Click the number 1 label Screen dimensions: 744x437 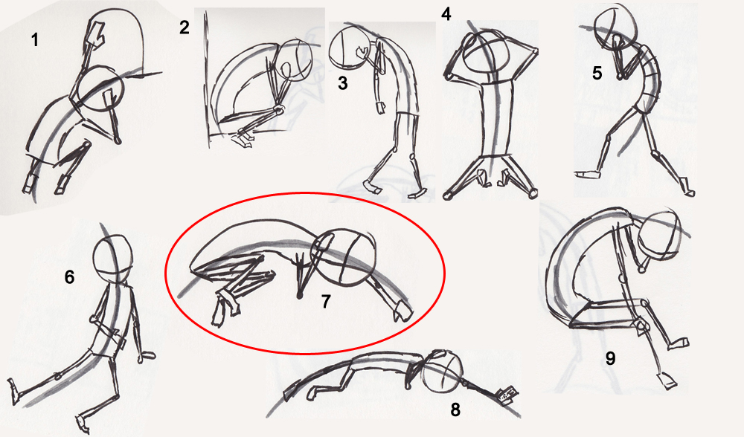[x=35, y=40]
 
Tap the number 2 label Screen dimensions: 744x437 [x=185, y=27]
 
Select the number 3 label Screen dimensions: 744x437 [x=342, y=83]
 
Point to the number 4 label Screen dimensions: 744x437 [x=446, y=13]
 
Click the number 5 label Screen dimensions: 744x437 [x=597, y=73]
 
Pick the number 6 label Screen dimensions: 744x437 [x=69, y=277]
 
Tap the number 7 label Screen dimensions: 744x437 [x=325, y=302]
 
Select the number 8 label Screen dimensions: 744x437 [x=455, y=410]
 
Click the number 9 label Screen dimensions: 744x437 [x=610, y=358]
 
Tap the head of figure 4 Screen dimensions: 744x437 [x=483, y=52]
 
